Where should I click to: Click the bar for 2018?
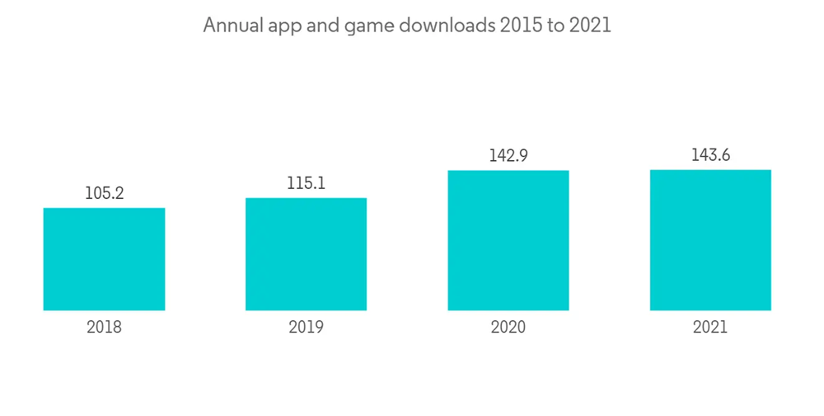[x=104, y=259]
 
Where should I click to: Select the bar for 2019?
[x=306, y=254]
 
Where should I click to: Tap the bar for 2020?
[x=508, y=240]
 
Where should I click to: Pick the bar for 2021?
[x=710, y=240]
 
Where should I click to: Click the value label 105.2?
[x=104, y=194]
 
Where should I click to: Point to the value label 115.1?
[x=306, y=183]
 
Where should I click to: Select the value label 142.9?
[x=508, y=156]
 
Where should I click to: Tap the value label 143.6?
[x=710, y=155]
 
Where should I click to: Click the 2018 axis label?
[x=104, y=327]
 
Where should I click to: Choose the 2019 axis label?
[x=306, y=327]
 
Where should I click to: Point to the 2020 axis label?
[x=508, y=327]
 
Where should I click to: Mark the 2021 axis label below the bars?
[x=710, y=327]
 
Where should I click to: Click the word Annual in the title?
[x=232, y=26]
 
